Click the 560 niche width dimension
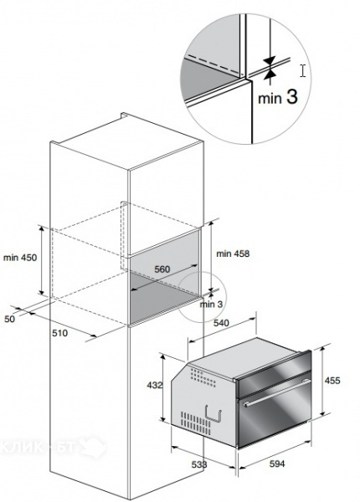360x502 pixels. [162, 269]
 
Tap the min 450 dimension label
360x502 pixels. [20, 258]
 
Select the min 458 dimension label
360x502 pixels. [233, 254]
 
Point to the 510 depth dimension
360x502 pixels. [60, 333]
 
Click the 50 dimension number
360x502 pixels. [9, 319]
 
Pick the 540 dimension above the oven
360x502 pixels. [221, 323]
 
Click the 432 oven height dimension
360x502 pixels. [155, 385]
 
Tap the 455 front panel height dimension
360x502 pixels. [332, 381]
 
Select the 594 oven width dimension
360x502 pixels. [277, 464]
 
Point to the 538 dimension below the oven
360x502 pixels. [199, 464]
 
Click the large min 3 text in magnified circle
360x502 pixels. [278, 97]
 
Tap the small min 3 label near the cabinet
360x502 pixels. [211, 305]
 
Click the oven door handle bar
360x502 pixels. [276, 393]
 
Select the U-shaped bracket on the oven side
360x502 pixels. [213, 413]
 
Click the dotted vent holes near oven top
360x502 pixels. [203, 377]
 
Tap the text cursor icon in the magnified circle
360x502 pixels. [303, 70]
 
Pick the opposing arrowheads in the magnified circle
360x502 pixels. [270, 67]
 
